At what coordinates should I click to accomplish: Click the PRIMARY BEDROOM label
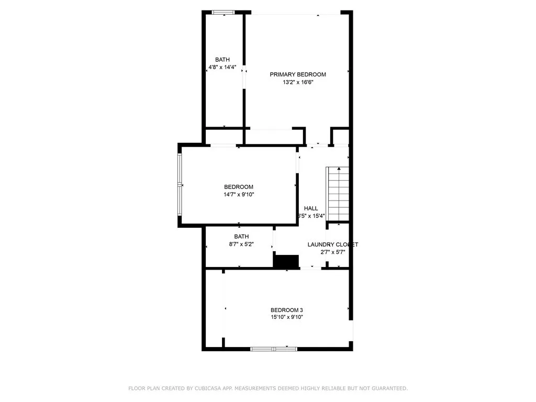click(x=297, y=74)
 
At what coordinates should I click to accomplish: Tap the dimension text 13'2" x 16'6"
click(x=297, y=82)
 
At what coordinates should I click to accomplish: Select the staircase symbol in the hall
click(x=338, y=194)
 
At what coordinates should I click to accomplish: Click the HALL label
click(x=311, y=208)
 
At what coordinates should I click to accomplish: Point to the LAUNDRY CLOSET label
click(x=332, y=244)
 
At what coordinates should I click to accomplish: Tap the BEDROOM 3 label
click(x=286, y=309)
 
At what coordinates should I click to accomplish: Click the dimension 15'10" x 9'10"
click(x=286, y=317)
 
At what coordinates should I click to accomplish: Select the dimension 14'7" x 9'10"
click(x=239, y=195)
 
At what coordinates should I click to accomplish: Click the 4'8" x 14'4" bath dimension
click(x=222, y=68)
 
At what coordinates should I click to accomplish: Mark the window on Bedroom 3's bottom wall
click(x=274, y=348)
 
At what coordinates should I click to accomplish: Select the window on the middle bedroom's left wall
click(x=180, y=186)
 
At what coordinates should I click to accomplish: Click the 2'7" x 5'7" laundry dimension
click(x=332, y=252)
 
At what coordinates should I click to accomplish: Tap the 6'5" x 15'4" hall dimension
click(x=311, y=216)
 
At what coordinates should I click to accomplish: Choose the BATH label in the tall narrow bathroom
click(x=222, y=60)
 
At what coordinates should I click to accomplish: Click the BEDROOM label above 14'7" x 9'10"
click(x=239, y=187)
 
